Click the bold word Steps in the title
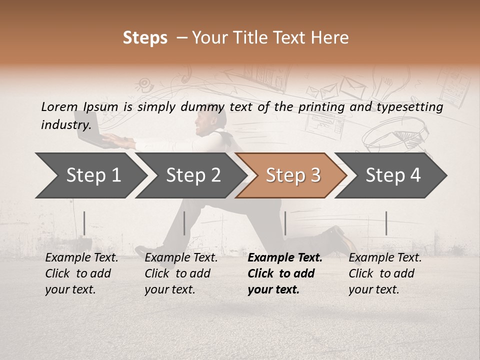[145, 38]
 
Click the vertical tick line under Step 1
[84, 223]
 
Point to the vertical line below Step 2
[184, 223]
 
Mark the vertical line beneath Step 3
[285, 223]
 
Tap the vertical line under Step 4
[386, 223]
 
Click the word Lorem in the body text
[59, 107]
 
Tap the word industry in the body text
[66, 125]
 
